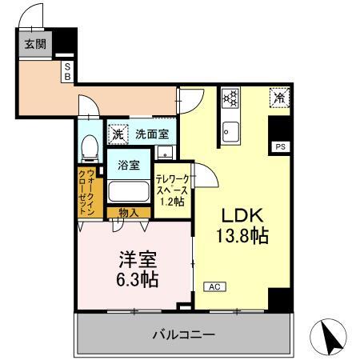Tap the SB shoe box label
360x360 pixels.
(67, 70)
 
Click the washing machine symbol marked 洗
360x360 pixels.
(118, 133)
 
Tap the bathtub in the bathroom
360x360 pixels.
(129, 193)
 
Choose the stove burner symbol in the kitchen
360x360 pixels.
(231, 98)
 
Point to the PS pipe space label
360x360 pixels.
(280, 147)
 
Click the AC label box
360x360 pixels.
(214, 285)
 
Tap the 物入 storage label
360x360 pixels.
(129, 214)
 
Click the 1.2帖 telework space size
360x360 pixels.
(172, 201)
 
